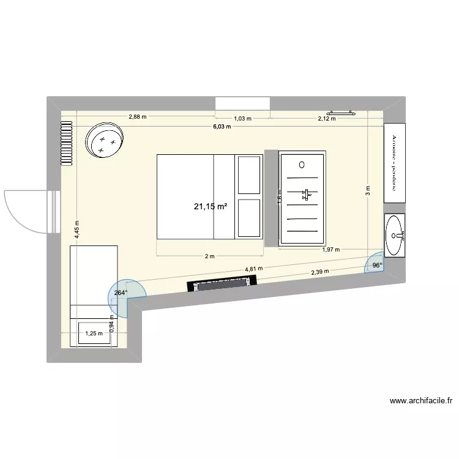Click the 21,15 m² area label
(211, 207)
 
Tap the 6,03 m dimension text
(222, 127)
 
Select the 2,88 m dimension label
(138, 116)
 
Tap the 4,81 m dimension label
(253, 268)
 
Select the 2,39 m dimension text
(319, 272)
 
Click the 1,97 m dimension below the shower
(330, 249)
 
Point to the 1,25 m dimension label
(94, 334)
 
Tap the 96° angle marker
(376, 265)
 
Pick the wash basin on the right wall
(395, 235)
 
